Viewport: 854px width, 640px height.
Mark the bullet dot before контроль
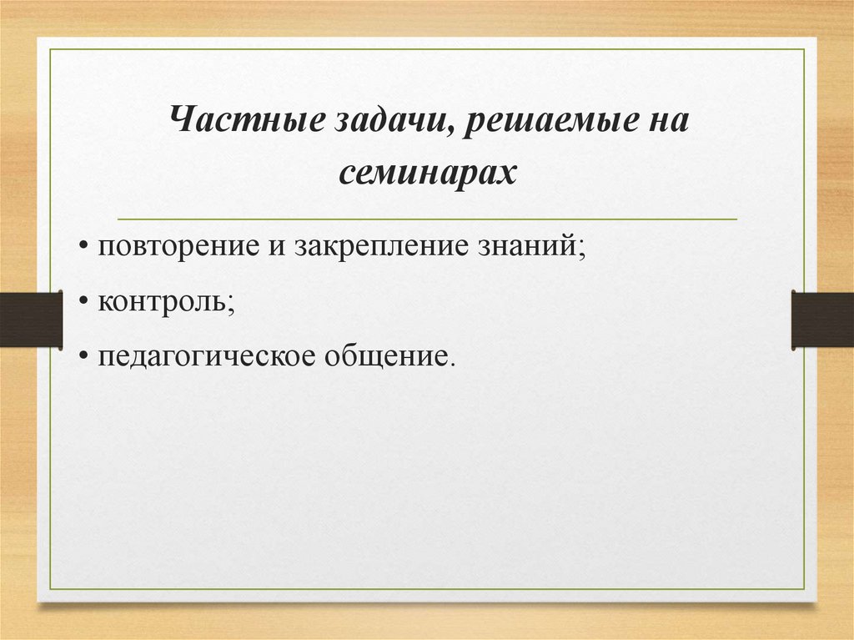[86, 303]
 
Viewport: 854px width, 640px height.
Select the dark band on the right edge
[822, 319]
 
